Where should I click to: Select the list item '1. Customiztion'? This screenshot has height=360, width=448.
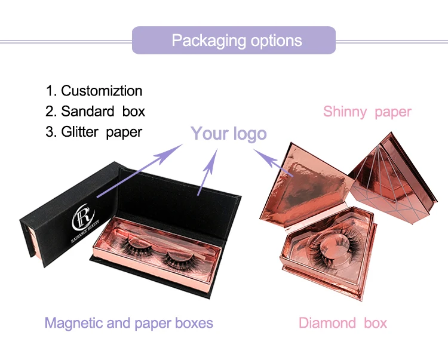94,91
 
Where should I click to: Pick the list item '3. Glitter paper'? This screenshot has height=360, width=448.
94,132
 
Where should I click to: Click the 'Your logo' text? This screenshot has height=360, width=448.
228,133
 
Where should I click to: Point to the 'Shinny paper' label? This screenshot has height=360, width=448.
367,112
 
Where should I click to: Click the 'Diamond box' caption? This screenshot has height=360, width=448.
342,324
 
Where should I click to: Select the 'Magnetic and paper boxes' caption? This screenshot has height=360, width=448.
128,324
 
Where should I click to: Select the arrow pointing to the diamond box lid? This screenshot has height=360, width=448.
274,163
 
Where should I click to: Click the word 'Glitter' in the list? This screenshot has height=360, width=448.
80,132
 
